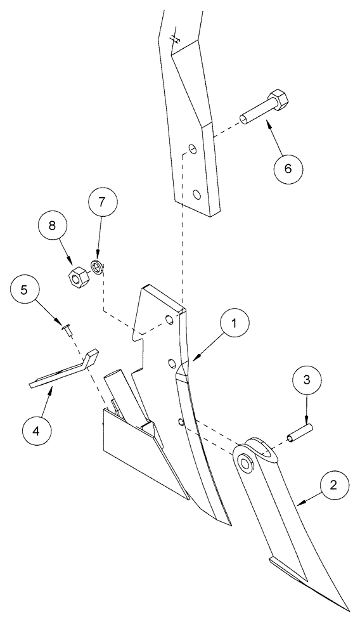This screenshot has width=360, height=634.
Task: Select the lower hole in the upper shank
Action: click(x=197, y=195)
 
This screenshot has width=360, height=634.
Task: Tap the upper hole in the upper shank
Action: click(x=191, y=151)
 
